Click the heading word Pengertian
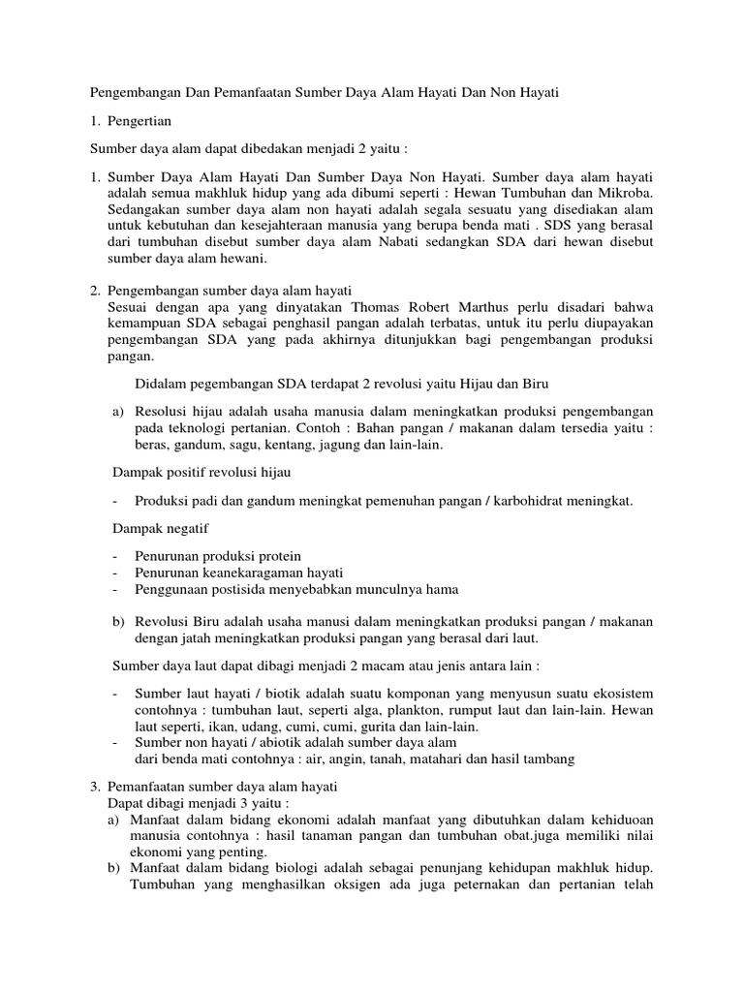pyautogui.click(x=139, y=123)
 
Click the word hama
pyautogui.click(x=442, y=589)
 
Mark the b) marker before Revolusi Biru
pyautogui.click(x=120, y=620)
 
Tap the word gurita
pyautogui.click(x=379, y=727)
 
